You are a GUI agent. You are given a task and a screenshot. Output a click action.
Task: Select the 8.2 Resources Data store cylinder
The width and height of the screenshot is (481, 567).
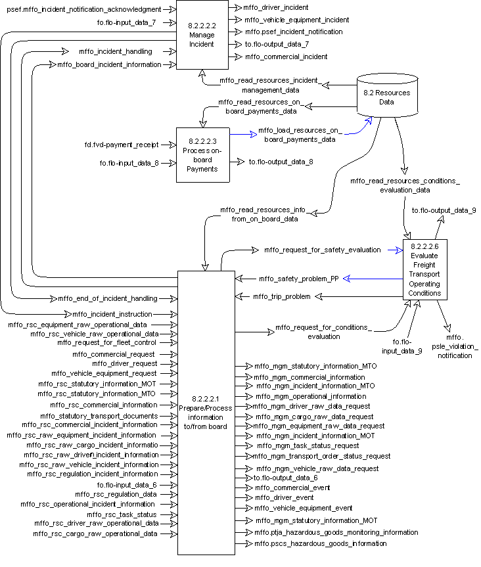[x=387, y=97]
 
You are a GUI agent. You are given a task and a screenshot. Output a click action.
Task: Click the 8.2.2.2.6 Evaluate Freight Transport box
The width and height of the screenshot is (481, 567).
[x=424, y=269]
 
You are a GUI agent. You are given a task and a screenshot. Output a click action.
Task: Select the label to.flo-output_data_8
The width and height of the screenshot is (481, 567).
[x=281, y=162]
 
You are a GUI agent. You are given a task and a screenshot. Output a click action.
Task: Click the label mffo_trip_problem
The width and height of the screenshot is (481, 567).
[x=281, y=297]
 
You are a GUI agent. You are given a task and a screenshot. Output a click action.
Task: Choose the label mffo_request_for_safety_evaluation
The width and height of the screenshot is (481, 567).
[x=323, y=250]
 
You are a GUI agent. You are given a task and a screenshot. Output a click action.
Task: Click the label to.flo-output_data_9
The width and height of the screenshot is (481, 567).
[x=444, y=210]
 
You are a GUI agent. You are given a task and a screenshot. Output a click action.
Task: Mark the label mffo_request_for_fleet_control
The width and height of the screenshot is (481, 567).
[x=107, y=342]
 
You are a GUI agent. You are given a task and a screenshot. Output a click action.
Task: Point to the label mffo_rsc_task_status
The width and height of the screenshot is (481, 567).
[x=122, y=514]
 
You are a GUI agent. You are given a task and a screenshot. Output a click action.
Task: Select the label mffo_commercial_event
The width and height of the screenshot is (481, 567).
[x=292, y=488]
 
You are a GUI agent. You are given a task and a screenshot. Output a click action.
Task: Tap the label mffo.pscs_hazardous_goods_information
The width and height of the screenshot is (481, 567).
[x=316, y=543]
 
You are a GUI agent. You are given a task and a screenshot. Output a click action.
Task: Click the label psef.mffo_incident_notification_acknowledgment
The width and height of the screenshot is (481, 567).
[x=83, y=10]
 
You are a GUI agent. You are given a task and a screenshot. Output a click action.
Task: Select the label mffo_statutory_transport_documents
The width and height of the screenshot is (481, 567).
[x=99, y=416]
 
